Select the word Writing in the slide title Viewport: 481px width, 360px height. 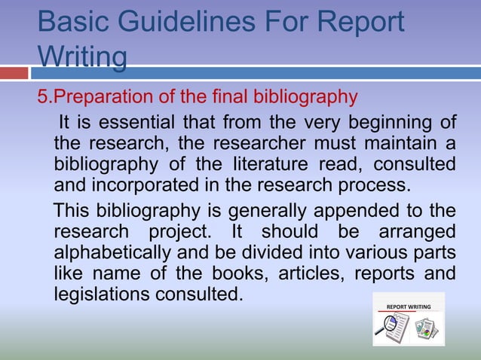coord(81,57)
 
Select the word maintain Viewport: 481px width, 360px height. coord(404,143)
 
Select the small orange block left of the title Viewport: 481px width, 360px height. coord(14,73)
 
